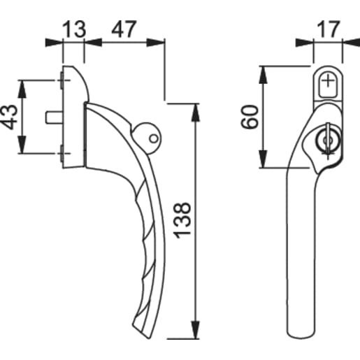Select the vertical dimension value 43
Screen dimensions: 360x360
point(10,117)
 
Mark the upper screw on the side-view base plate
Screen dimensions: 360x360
point(64,82)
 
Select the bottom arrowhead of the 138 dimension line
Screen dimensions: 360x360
point(194,336)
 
